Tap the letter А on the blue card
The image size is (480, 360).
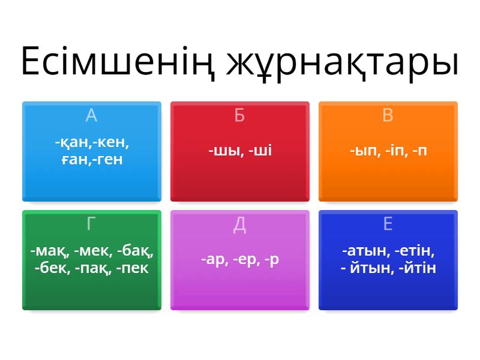click(x=91, y=115)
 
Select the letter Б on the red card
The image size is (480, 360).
click(x=239, y=115)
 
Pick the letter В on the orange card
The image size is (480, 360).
click(x=388, y=115)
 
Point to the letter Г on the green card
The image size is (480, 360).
click(x=91, y=224)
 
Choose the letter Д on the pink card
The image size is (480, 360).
click(x=239, y=224)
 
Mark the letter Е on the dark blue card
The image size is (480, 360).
click(x=388, y=224)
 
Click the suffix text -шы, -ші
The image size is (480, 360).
click(x=239, y=151)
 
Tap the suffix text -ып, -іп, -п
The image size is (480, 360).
click(x=388, y=151)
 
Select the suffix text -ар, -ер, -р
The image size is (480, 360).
click(x=239, y=259)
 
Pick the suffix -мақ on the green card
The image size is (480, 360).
click(x=47, y=251)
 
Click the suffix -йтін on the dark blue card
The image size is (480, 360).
click(x=416, y=268)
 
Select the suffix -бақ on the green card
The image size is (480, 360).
click(x=135, y=251)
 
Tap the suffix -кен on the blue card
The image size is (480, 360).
click(x=112, y=144)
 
